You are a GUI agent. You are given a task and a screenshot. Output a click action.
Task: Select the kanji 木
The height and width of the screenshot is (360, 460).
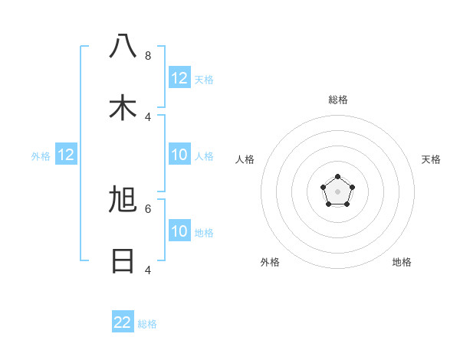[123, 108]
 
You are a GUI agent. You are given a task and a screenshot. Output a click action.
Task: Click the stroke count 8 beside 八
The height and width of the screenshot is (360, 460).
[148, 55]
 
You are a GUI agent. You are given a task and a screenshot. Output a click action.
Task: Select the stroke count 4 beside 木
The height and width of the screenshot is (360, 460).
[148, 116]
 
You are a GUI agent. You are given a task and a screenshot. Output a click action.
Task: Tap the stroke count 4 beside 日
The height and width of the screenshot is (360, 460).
[148, 270]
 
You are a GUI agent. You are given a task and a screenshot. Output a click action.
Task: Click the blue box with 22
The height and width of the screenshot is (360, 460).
[123, 322]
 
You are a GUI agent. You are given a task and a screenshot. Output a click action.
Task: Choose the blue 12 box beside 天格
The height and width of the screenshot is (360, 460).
[179, 78]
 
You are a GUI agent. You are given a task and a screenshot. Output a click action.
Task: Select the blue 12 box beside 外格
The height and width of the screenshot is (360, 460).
[66, 155]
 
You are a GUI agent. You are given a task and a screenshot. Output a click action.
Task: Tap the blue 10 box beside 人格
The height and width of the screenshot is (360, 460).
[179, 155]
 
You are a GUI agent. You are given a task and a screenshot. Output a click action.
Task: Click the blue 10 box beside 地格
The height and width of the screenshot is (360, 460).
[179, 231]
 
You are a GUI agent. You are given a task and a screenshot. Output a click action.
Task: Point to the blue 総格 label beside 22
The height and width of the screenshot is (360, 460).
[148, 324]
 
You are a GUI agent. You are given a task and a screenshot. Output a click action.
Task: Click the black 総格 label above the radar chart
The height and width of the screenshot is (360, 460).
[338, 100]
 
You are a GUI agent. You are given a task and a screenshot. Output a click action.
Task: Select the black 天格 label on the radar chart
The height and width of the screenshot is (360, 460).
[432, 159]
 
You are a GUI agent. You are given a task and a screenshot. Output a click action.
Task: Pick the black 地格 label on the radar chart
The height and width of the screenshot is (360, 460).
[402, 262]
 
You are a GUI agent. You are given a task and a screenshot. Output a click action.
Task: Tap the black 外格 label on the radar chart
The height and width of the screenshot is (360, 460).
[270, 262]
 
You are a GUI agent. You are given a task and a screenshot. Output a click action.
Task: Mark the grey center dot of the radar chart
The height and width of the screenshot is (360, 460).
[337, 192]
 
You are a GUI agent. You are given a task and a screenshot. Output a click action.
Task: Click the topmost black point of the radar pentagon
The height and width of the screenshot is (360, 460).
[337, 178]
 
